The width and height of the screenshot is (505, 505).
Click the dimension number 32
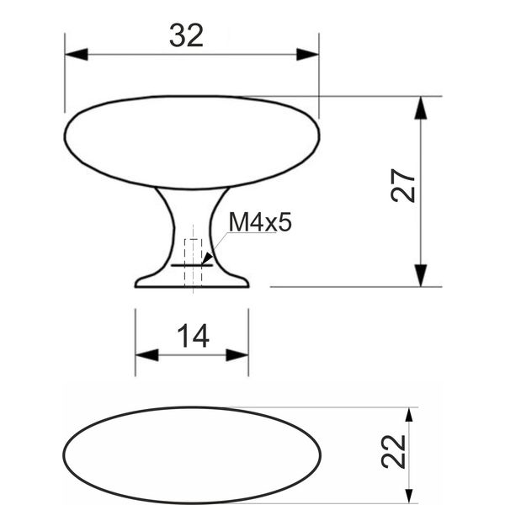click(x=187, y=35)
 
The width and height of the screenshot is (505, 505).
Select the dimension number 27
click(x=402, y=185)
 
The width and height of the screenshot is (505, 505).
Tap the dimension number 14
click(x=194, y=336)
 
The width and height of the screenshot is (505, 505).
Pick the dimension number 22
click(x=393, y=451)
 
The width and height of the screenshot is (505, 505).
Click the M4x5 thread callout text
click(x=260, y=222)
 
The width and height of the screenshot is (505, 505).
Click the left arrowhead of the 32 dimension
click(x=77, y=55)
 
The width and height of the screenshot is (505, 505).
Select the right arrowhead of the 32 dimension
click(x=307, y=55)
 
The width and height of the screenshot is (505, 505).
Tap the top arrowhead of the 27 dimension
click(x=421, y=108)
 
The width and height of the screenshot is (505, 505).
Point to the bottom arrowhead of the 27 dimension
click(x=421, y=275)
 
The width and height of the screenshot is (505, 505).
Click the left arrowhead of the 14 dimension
click(x=146, y=355)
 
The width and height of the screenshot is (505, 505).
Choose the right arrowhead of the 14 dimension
click(x=237, y=355)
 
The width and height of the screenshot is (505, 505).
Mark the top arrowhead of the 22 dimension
click(x=409, y=415)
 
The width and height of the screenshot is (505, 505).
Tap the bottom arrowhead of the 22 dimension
click(x=409, y=497)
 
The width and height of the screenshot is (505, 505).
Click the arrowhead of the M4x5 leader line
click(x=207, y=258)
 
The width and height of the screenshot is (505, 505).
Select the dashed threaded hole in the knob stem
click(x=193, y=263)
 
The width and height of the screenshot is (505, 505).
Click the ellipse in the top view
click(x=192, y=407)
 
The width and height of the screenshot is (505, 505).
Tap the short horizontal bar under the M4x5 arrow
click(x=192, y=265)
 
